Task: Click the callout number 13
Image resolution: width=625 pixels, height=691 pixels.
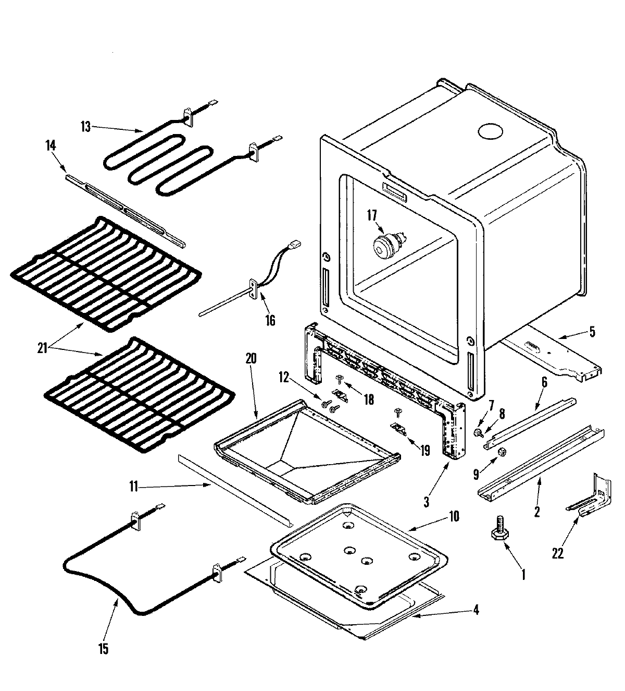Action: tap(85, 126)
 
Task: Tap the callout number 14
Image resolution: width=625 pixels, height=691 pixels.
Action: tap(51, 147)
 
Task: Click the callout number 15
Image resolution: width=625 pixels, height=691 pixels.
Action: tap(103, 649)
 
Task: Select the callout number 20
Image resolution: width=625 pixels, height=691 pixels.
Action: tap(251, 358)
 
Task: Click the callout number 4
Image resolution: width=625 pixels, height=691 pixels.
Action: tap(476, 609)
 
